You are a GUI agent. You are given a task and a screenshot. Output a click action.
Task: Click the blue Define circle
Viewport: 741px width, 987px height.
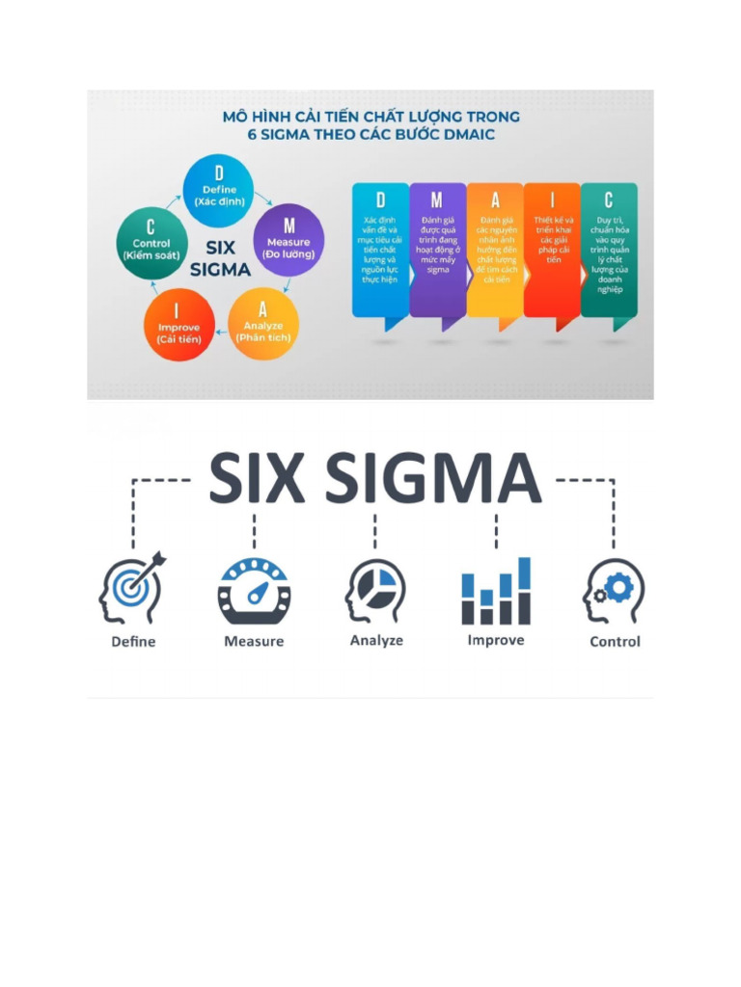(x=218, y=189)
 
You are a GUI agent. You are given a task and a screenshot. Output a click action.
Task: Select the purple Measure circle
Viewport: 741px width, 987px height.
(x=288, y=242)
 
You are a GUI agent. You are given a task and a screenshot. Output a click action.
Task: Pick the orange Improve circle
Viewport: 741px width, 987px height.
(x=178, y=326)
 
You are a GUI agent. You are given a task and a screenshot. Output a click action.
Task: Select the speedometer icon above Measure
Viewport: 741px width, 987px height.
(x=254, y=590)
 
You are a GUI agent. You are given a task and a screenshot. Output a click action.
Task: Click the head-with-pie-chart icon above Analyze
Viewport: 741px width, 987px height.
(x=375, y=590)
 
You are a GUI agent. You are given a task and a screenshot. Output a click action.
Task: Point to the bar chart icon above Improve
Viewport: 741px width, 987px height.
(x=496, y=590)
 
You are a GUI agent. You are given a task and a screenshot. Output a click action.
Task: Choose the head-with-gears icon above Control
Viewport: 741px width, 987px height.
(x=615, y=590)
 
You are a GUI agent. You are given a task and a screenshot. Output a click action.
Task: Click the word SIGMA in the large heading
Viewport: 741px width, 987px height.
(x=432, y=479)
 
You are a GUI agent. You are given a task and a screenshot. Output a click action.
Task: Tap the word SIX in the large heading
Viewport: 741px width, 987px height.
(x=259, y=479)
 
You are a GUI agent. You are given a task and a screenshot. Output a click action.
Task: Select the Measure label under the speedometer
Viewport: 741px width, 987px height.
(x=254, y=641)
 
